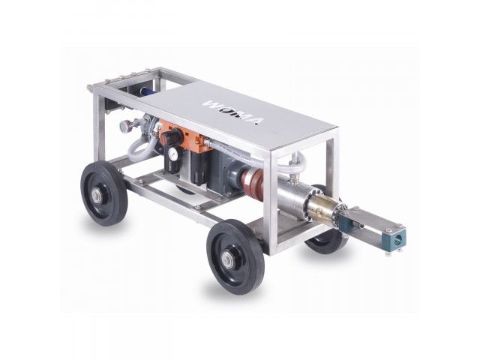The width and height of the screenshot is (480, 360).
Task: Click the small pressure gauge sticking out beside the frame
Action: pyautogui.click(x=125, y=125)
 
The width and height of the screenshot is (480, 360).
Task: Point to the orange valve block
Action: pyautogui.click(x=187, y=138)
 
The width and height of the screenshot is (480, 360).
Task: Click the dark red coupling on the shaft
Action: pyautogui.click(x=252, y=181)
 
